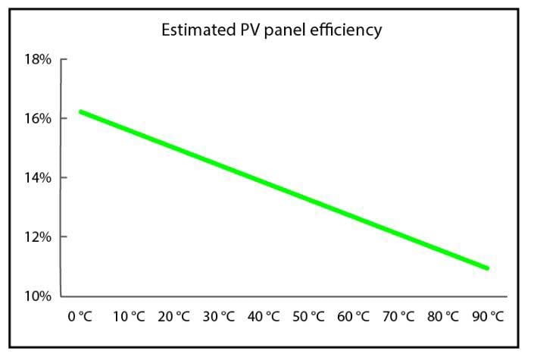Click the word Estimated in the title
coord(198,30)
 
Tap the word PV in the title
coord(250,30)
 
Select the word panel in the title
coord(285,30)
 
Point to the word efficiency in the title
coord(346,30)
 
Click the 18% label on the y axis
coord(38,59)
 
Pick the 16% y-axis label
coord(38,119)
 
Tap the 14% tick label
coord(38,177)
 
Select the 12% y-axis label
coord(38,236)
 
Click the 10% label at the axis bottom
coord(38,296)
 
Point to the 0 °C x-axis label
coord(80,316)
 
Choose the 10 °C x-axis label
coord(129,316)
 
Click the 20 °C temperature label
coord(173,316)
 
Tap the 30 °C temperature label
coord(219,316)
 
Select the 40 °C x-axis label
coord(264,316)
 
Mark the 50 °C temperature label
coord(308,316)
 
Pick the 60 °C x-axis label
coord(354,316)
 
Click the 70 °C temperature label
coord(398,316)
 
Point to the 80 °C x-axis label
coord(443,316)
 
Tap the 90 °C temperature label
coord(488,316)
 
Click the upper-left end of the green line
coord(81,112)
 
